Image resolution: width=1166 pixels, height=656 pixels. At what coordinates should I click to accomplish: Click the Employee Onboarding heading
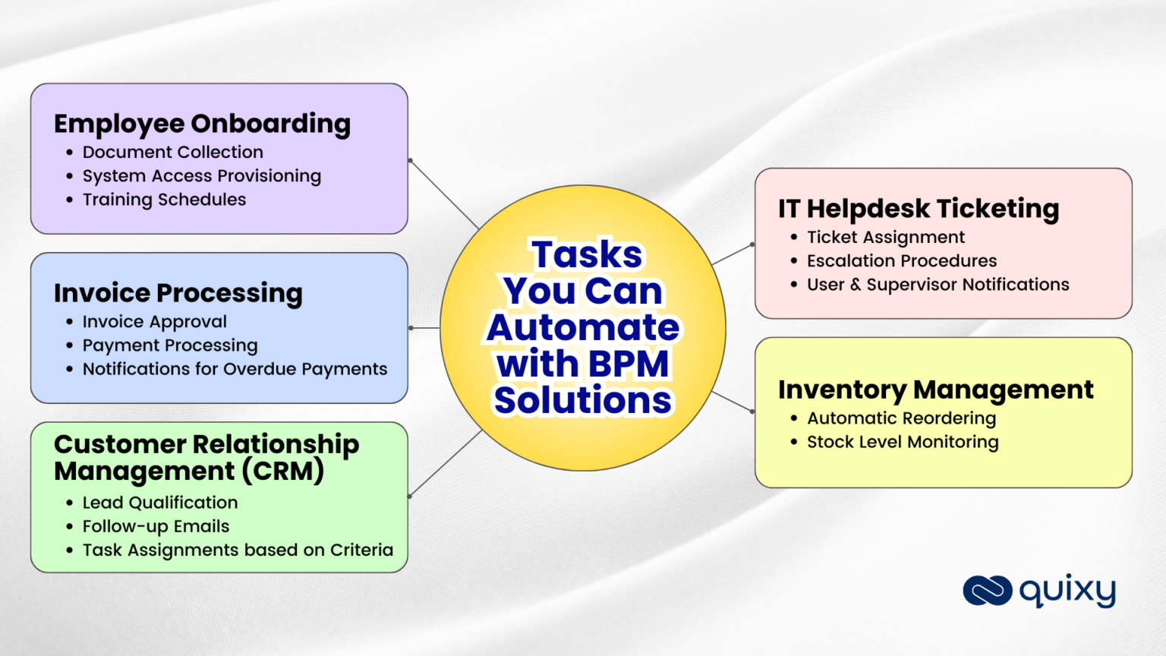[x=202, y=124]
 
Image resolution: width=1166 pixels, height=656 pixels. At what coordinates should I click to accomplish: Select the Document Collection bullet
[x=172, y=153]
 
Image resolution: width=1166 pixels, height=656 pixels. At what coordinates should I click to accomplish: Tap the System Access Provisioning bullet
[x=201, y=176]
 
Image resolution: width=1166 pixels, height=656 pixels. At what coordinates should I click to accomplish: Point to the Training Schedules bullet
[x=164, y=200]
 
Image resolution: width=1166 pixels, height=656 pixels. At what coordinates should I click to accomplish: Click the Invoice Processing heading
[x=178, y=293]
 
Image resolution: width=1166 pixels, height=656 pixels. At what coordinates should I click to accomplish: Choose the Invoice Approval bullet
[x=154, y=322]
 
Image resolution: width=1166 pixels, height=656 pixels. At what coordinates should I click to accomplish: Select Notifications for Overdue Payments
[x=235, y=369]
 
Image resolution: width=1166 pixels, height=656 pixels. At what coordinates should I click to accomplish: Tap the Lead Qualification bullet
[x=159, y=503]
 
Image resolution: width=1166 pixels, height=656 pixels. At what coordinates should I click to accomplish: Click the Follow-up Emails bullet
[x=156, y=526]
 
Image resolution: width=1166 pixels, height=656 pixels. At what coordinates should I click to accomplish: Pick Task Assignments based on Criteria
[x=238, y=550]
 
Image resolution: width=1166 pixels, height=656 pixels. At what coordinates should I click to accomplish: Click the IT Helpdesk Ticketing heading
[x=918, y=209]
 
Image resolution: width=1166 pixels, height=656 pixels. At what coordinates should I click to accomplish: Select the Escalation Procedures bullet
[x=901, y=261]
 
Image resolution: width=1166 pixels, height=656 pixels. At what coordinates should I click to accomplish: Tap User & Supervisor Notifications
[x=938, y=285]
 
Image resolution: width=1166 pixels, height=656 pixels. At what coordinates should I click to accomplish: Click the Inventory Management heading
[x=935, y=389]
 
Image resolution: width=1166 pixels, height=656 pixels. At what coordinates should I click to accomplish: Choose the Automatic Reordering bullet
[x=901, y=418]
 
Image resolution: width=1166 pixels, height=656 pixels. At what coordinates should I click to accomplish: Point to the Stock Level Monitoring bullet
[x=903, y=442]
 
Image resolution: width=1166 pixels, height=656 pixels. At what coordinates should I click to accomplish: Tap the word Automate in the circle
[x=583, y=327]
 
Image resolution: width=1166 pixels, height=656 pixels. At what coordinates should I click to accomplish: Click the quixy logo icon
[x=987, y=591]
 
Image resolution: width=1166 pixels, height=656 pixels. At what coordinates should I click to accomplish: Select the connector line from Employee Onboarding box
[x=444, y=194]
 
